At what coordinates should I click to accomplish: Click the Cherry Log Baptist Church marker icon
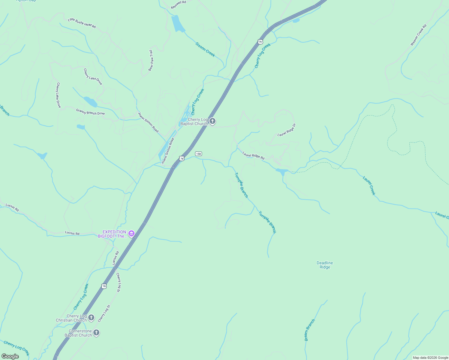click(x=212, y=121)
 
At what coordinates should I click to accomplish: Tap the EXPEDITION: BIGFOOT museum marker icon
click(x=131, y=234)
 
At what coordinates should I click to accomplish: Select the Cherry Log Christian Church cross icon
click(x=91, y=318)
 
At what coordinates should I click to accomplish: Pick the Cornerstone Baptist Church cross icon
click(x=96, y=333)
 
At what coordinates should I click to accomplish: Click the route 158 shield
click(x=198, y=154)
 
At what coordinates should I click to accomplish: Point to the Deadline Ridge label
click(x=325, y=265)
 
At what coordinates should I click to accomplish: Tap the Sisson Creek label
click(x=205, y=49)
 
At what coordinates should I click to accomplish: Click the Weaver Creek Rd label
click(x=418, y=35)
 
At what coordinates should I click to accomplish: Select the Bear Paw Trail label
click(x=151, y=61)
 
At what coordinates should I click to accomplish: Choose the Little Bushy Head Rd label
click(x=82, y=23)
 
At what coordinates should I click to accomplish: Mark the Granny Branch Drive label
click(x=90, y=112)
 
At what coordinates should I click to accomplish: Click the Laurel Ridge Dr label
click(x=287, y=130)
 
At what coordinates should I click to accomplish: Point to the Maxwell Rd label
click(x=179, y=4)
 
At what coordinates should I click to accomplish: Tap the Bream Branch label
click(x=310, y=330)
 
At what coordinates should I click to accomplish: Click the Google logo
click(x=10, y=356)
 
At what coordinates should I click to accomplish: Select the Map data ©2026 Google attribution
click(x=430, y=358)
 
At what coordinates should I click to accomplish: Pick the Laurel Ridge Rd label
click(x=254, y=155)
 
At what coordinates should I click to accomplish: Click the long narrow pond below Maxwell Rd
click(x=178, y=23)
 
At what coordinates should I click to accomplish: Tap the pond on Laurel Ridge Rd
click(x=282, y=171)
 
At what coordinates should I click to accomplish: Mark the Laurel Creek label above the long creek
click(x=369, y=186)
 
